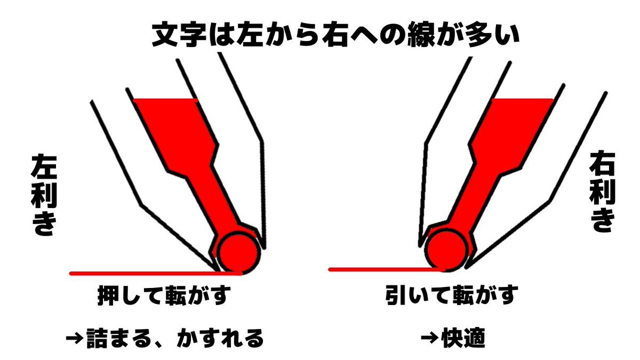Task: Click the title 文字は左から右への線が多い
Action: tap(335, 36)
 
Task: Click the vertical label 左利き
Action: tap(43, 195)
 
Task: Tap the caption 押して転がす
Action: tap(164, 295)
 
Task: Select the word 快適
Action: tap(463, 338)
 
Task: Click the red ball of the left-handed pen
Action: tap(238, 253)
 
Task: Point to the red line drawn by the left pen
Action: tap(156, 274)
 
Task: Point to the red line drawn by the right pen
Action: tap(387, 269)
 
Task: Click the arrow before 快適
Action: tap(429, 338)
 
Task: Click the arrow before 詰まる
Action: tap(75, 339)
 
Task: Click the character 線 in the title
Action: tap(421, 36)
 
